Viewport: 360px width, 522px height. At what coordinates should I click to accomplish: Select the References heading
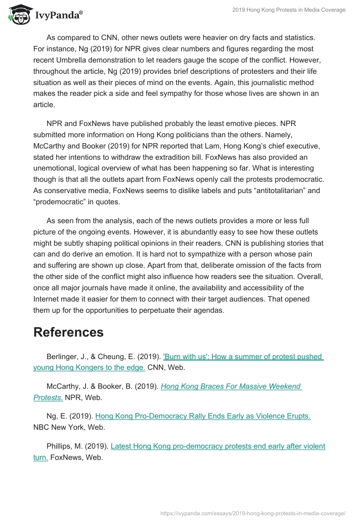click(68, 332)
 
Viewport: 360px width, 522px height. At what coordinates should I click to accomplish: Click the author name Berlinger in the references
click(63, 357)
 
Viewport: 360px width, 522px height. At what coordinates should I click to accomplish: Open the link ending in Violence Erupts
click(203, 416)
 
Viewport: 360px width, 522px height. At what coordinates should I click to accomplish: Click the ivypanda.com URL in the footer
click(253, 513)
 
